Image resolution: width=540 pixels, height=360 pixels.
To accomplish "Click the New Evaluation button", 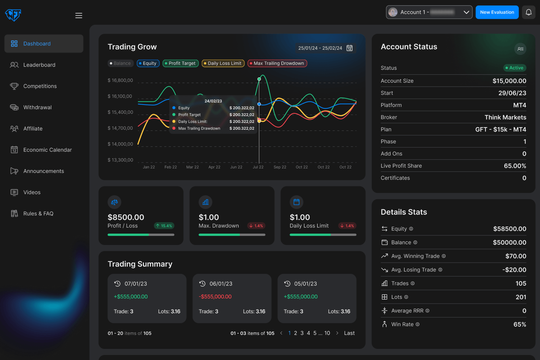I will tap(497, 12).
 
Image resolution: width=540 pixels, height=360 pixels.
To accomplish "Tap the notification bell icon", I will tap(529, 12).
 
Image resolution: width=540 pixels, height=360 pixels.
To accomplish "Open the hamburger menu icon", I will tap(79, 16).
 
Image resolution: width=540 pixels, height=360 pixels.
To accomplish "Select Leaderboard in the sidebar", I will tap(39, 65).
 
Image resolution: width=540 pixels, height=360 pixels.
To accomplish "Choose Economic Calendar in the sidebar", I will tap(47, 150).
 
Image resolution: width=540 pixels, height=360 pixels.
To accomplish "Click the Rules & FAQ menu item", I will tap(38, 214).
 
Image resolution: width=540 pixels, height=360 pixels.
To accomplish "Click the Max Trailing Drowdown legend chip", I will tap(277, 63).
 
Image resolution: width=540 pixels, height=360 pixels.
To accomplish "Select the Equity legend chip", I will tap(148, 63).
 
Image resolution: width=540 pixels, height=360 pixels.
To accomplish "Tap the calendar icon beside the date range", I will tap(350, 48).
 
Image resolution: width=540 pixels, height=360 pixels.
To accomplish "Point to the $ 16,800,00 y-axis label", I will tap(120, 80).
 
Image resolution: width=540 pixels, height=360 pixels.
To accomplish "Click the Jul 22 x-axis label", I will tap(258, 167).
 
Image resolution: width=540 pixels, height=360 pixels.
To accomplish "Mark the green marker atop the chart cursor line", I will tap(259, 79).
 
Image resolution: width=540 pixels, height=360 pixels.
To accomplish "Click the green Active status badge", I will tap(515, 68).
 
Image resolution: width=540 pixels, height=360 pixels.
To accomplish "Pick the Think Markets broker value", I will tap(505, 117).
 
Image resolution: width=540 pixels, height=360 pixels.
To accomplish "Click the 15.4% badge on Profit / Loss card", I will tap(164, 226).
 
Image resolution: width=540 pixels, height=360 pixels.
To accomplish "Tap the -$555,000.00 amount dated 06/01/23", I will tap(215, 297).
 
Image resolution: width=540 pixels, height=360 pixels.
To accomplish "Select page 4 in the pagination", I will tap(308, 333).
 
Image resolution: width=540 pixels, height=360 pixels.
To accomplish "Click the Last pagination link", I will tap(349, 333).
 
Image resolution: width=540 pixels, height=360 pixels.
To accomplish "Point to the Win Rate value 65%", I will tap(519, 324).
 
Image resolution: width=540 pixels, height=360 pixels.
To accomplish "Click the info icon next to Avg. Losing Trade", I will tap(440, 270).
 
